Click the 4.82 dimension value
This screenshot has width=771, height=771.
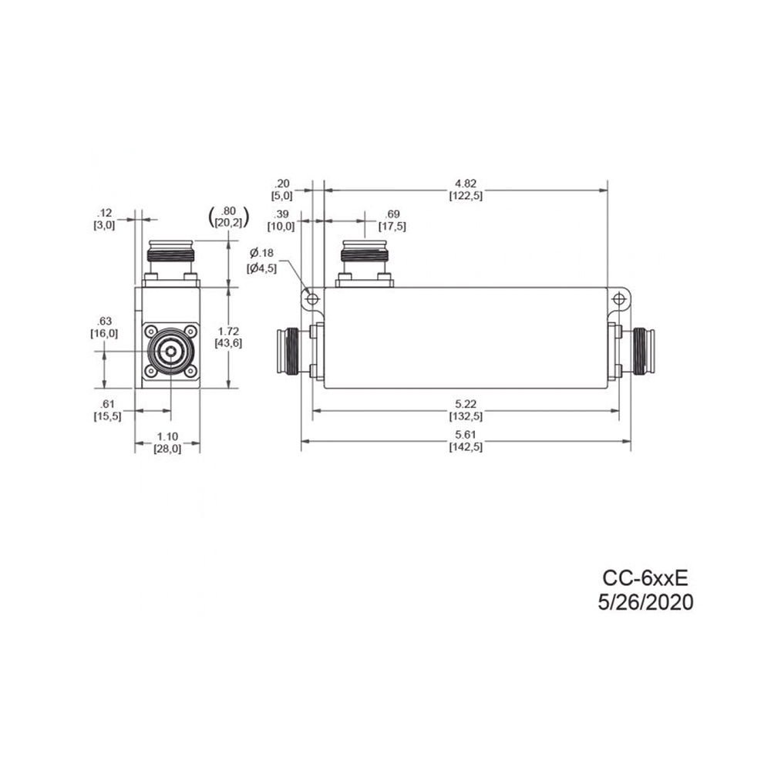click(466, 183)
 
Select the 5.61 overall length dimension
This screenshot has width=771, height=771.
click(466, 435)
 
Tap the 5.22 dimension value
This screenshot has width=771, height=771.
click(466, 404)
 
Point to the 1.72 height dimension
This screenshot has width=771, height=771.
click(229, 332)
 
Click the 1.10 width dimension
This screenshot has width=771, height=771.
click(167, 436)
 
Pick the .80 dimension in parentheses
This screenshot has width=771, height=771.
click(229, 211)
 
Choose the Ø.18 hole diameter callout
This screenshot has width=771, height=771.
click(261, 253)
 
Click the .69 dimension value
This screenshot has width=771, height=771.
click(392, 214)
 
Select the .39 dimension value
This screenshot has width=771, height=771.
click(281, 214)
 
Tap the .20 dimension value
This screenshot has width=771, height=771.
click(281, 184)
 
